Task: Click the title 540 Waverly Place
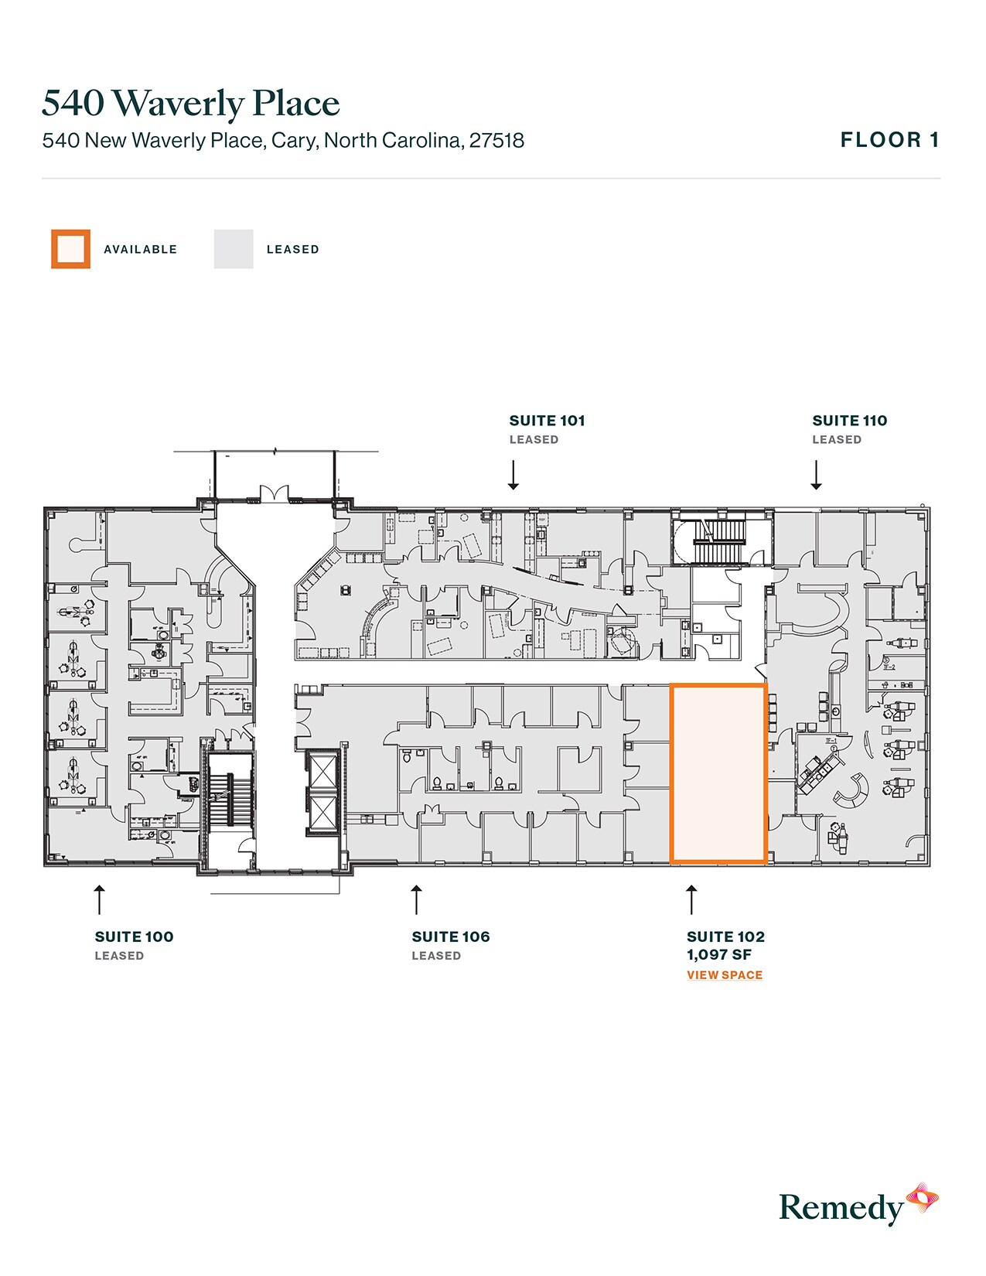pos(190,104)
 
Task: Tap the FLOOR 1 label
pos(889,140)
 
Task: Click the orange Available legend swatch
pos(70,249)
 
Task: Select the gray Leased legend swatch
pos(234,249)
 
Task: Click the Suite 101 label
pos(547,421)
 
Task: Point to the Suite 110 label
pos(849,421)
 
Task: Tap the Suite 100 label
pos(134,937)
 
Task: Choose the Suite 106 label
pos(451,937)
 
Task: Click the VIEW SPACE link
pos(725,975)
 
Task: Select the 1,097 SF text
pos(719,955)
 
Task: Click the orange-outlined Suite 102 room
pos(718,773)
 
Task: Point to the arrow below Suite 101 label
pos(513,475)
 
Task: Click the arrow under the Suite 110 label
pos(816,475)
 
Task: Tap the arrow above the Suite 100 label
pos(99,899)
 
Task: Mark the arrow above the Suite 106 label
pos(417,899)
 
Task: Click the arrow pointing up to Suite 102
pos(691,899)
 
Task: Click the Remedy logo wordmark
pos(841,1207)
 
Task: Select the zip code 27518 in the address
pos(496,141)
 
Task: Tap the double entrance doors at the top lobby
pos(274,495)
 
